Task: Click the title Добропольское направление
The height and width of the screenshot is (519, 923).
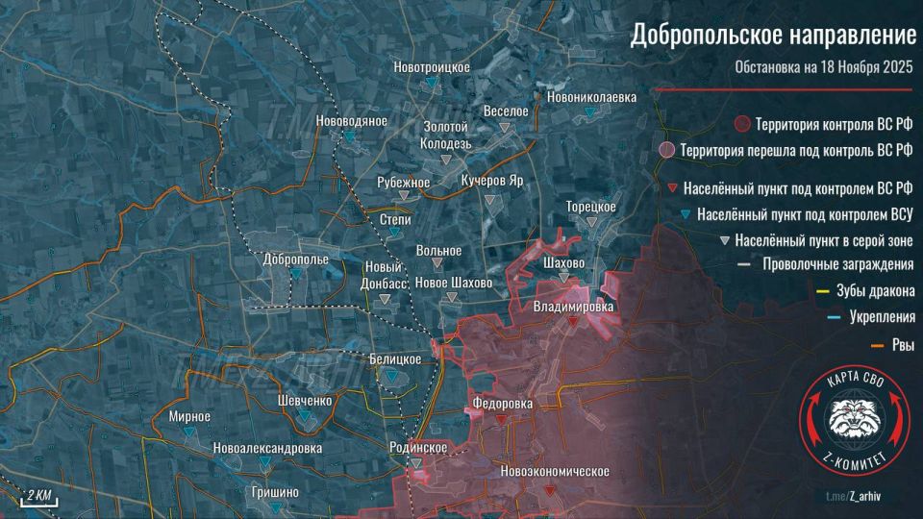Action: coord(773,37)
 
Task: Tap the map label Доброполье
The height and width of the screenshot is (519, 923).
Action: coord(296,259)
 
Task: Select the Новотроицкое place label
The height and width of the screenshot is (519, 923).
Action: coord(432,66)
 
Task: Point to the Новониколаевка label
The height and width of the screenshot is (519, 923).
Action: coord(591,98)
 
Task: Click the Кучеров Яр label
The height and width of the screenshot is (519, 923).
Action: coord(491,181)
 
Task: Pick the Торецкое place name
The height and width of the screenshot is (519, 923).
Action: coord(590,207)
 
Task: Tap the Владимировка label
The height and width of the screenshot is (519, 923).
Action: coord(573,307)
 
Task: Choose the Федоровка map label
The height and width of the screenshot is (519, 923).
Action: coord(502,404)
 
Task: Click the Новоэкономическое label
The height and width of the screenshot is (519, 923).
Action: coord(556,472)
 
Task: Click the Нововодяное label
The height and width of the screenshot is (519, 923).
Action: coord(351,121)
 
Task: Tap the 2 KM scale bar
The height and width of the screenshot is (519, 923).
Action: coord(39,496)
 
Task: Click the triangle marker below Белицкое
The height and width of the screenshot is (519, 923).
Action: coord(393,378)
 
